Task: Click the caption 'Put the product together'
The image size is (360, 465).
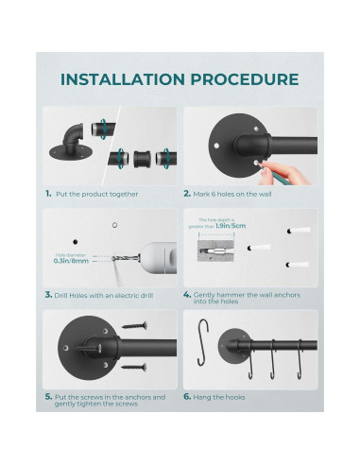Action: pyautogui.click(x=97, y=194)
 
